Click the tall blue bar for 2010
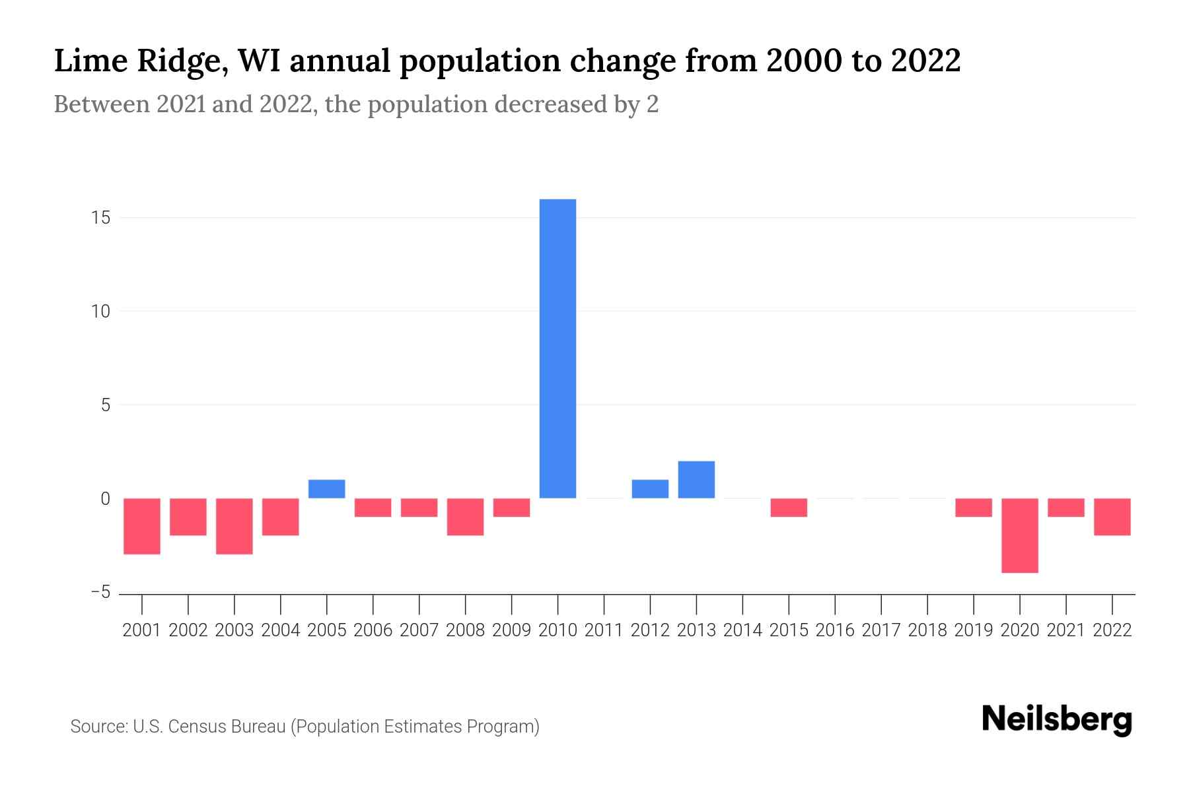[558, 348]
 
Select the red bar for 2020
[1019, 535]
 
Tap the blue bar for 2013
[696, 480]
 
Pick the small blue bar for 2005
[326, 489]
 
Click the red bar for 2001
[142, 526]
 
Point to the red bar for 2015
[789, 508]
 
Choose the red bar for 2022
[1112, 517]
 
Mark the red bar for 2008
[465, 517]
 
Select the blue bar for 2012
[650, 489]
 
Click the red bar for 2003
[234, 526]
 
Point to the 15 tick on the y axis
[100, 218]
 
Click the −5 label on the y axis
[100, 593]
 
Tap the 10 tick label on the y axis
[100, 312]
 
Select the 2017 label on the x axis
[881, 630]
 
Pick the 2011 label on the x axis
[604, 630]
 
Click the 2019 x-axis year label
[973, 630]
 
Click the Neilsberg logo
[1057, 719]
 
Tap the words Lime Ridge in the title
[140, 61]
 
